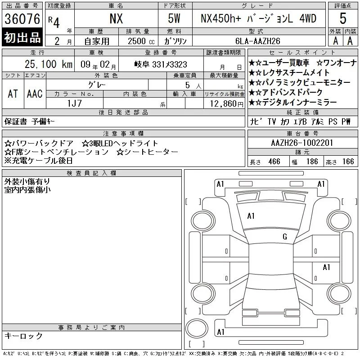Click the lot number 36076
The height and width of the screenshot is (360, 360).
pyautogui.click(x=22, y=19)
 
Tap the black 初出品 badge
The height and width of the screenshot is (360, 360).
pyautogui.click(x=22, y=37)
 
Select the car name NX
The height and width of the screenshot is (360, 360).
pyautogui.click(x=116, y=18)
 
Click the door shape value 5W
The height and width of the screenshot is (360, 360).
pyautogui.click(x=174, y=18)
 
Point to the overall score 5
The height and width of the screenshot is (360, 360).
pyautogui.click(x=343, y=18)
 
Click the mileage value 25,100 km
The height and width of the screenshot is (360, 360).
pyautogui.click(x=49, y=64)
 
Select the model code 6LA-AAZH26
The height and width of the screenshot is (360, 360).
pyautogui.click(x=258, y=41)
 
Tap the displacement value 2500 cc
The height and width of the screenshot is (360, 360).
pyautogui.click(x=141, y=41)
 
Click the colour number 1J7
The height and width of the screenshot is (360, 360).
pyautogui.click(x=74, y=103)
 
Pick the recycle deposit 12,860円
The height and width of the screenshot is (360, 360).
pyautogui.click(x=226, y=104)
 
